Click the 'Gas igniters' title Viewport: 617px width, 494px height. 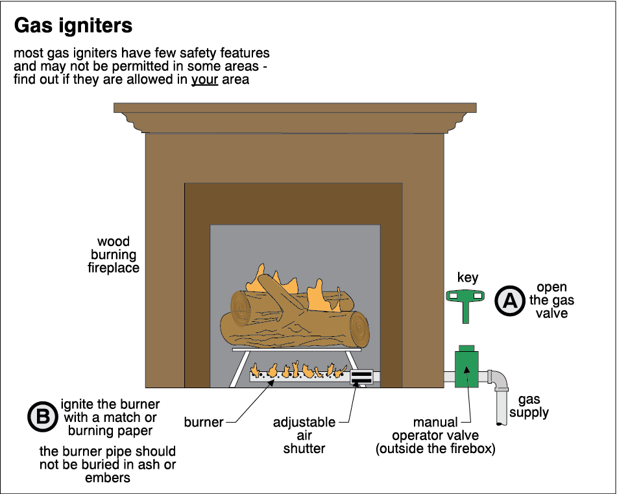[73, 26]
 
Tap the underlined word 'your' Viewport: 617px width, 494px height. [204, 79]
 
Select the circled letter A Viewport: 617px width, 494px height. [510, 301]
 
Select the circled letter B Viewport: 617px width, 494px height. [43, 417]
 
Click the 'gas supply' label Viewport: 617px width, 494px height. [529, 406]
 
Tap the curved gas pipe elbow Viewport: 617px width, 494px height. [499, 382]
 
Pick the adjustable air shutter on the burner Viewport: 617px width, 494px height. [361, 377]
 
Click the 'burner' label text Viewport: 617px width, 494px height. [204, 423]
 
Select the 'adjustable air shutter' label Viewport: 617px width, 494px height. [304, 436]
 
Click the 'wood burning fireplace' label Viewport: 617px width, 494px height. [114, 254]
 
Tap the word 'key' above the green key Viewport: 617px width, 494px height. [468, 278]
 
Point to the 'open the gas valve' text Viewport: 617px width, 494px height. [551, 301]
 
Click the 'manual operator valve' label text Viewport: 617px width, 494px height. [435, 436]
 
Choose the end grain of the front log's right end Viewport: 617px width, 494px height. [359, 329]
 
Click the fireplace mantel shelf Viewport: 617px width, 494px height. [295, 117]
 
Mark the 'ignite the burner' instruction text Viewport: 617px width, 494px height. [110, 417]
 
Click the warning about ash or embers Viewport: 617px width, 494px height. [108, 465]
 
